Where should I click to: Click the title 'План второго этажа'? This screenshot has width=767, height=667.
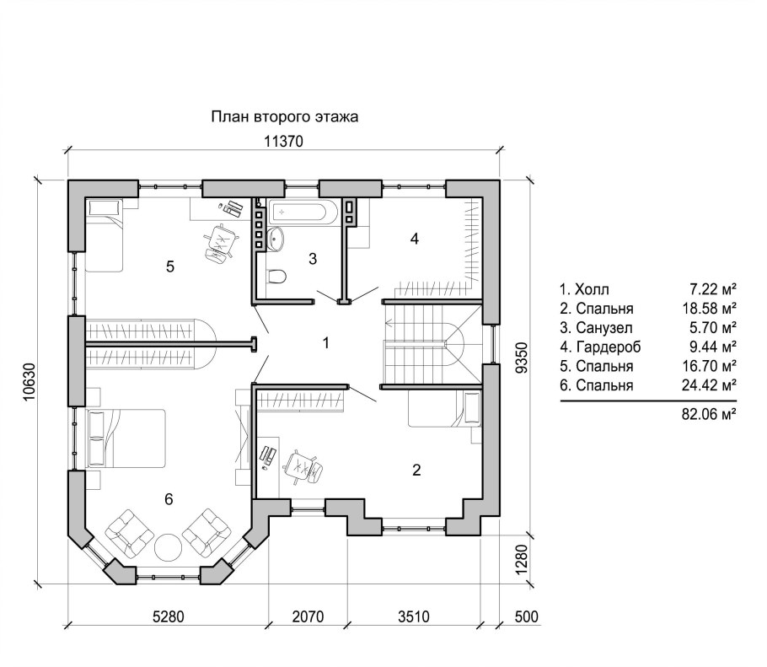[285, 117]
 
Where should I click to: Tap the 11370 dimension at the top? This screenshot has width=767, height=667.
[284, 142]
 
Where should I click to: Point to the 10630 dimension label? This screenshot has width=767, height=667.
[29, 382]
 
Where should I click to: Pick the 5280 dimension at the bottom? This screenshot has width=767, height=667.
[169, 616]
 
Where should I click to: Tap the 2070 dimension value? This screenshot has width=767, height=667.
[308, 616]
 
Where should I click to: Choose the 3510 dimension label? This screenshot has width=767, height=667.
[414, 616]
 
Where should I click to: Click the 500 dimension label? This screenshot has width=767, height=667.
[526, 616]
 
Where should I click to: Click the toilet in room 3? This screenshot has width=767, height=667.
[275, 277]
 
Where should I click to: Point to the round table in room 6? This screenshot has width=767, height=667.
[168, 546]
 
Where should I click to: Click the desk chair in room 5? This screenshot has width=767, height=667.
[220, 242]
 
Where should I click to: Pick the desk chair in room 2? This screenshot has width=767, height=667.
[303, 466]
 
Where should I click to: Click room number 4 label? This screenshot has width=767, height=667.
[415, 239]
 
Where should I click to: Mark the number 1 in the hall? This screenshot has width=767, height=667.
[326, 343]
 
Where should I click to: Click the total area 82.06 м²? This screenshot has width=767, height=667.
[710, 415]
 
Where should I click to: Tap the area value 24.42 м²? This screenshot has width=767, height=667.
[710, 385]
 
